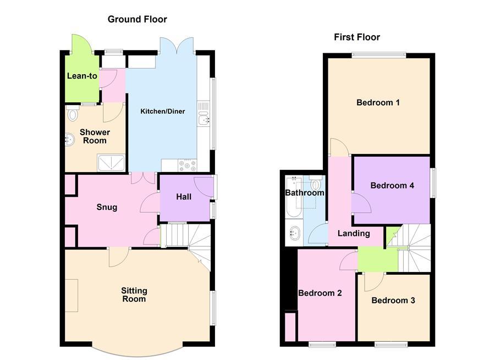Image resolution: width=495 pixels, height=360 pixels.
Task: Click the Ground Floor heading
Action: coord(137,19)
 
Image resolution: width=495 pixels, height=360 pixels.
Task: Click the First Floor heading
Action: coord(357,37)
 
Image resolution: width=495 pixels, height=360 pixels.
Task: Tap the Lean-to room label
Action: coord(82,76)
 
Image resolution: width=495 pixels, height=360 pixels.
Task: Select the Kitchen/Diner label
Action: coord(163,112)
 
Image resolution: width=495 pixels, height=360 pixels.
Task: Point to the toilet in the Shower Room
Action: coord(73,114)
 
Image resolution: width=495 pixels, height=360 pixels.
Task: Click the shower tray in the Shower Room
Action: coord(112,162)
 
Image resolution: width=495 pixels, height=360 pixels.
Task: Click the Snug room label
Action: coord(107,207)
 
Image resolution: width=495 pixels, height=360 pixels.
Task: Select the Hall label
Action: coord(184,196)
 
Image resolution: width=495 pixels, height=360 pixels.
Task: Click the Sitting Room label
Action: coord(134,295)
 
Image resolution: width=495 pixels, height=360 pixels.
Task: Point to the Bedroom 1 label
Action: coord(378,102)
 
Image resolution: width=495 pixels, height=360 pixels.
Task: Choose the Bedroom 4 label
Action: coord(392,185)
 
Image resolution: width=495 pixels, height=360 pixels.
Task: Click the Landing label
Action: coord(354,233)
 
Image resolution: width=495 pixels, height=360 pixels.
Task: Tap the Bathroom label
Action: coord(305,193)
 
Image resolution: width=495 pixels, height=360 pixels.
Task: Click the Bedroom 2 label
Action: coord(320,293)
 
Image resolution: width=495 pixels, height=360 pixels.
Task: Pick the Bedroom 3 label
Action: coord(393,300)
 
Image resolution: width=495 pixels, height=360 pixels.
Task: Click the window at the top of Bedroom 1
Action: coord(379,54)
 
